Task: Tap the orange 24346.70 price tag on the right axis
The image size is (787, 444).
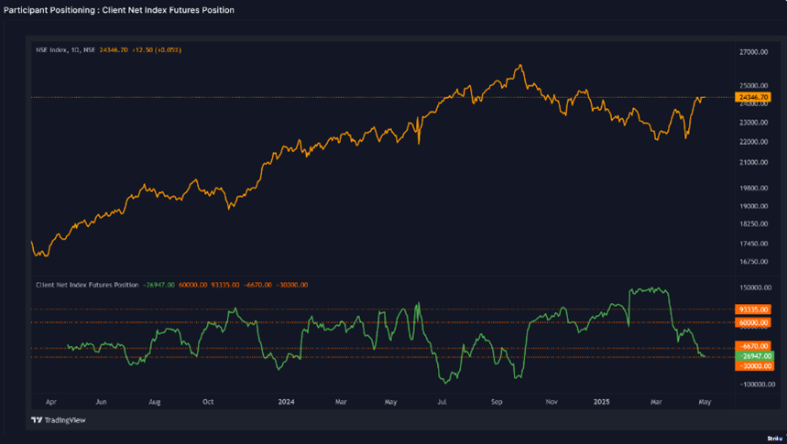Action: point(752,97)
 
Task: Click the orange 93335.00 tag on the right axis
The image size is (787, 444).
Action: point(753,309)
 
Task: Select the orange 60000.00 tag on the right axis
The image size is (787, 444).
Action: point(753,322)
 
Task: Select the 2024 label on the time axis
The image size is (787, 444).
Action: point(286,401)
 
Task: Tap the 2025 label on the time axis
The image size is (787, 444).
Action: point(601,401)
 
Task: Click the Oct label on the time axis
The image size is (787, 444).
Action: point(208,401)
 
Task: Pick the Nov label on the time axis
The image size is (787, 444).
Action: point(551,401)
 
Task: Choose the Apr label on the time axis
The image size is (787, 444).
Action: point(50,401)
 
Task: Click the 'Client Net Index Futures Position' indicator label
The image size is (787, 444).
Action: point(87,285)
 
